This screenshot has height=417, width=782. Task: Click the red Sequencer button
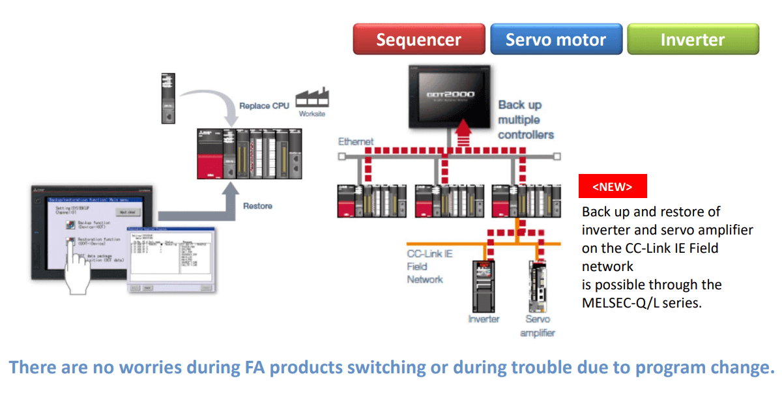[x=419, y=39]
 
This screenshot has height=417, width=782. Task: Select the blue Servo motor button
[x=555, y=39]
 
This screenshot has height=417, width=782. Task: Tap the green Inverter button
[x=693, y=39]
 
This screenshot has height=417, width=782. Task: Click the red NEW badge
[x=613, y=186]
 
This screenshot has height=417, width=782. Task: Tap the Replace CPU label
[x=263, y=106]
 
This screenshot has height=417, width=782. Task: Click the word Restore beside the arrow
[x=257, y=206]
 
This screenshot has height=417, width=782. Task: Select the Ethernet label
[x=356, y=141]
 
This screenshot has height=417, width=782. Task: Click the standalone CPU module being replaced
[x=169, y=98]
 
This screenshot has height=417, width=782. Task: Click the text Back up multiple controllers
[x=525, y=120]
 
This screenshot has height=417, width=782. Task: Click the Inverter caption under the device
[x=484, y=319]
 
